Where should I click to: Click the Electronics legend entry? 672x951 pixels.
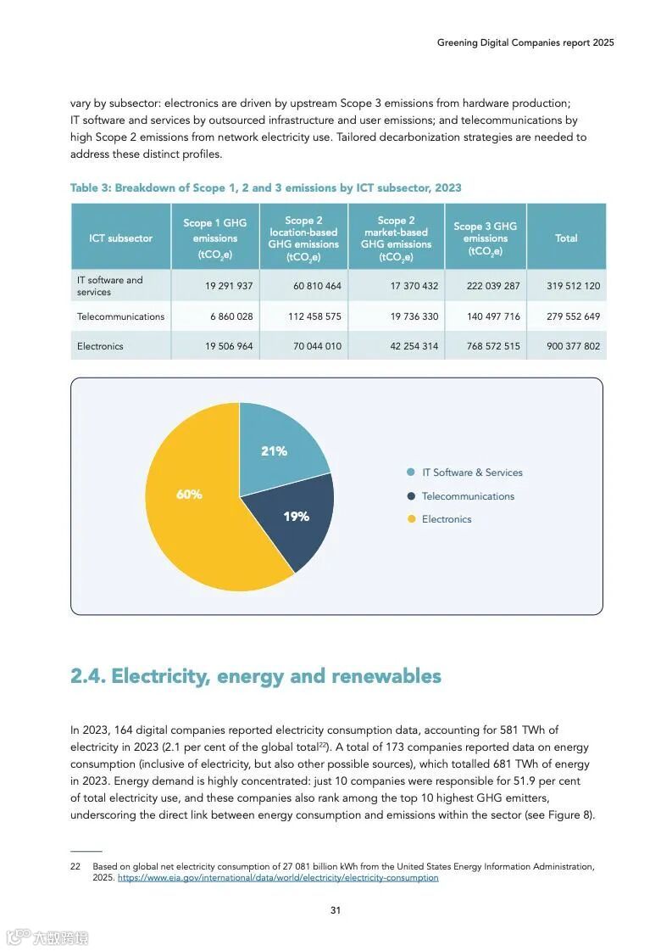pyautogui.click(x=446, y=519)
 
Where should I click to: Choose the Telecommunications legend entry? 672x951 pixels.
pyautogui.click(x=467, y=496)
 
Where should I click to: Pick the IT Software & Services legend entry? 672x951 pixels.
pyautogui.click(x=472, y=473)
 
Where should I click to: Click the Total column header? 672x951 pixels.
pyautogui.click(x=566, y=238)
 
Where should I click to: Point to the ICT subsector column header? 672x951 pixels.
pyautogui.click(x=121, y=238)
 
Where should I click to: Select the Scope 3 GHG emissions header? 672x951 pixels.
pyautogui.click(x=485, y=238)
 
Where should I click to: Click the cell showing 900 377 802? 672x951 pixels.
pyautogui.click(x=574, y=346)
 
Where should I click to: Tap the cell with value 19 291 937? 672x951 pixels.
pyautogui.click(x=229, y=286)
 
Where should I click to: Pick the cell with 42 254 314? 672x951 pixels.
pyautogui.click(x=414, y=346)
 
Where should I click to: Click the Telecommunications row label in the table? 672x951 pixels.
pyautogui.click(x=120, y=316)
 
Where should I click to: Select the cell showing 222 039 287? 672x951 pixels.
pyautogui.click(x=493, y=286)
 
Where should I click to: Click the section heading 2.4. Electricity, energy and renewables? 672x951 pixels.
pyautogui.click(x=256, y=676)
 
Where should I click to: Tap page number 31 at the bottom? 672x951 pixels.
pyautogui.click(x=336, y=910)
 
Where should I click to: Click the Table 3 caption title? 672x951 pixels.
pyautogui.click(x=266, y=187)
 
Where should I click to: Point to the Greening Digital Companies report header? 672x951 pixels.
pyautogui.click(x=525, y=42)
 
